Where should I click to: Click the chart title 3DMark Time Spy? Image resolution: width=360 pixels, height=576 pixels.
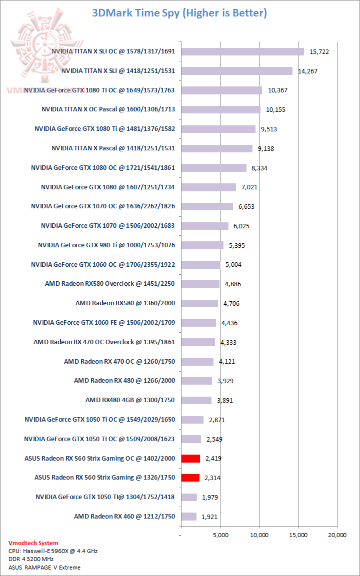tap(179, 13)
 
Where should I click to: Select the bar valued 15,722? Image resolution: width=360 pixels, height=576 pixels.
tap(242, 51)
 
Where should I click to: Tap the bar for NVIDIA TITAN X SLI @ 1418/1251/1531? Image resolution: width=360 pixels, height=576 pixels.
tap(236, 71)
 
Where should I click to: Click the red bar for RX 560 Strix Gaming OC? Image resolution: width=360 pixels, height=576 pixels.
tap(190, 458)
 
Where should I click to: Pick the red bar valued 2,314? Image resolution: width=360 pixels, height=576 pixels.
tap(190, 478)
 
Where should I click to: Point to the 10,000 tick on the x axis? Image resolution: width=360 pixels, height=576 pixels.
tap(259, 535)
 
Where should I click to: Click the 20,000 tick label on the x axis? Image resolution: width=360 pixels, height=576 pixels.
tap(337, 535)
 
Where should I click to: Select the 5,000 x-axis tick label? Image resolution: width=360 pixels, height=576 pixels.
tap(220, 535)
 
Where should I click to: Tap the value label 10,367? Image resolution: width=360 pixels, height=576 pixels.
tap(278, 90)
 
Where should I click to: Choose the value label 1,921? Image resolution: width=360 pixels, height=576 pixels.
tap(209, 517)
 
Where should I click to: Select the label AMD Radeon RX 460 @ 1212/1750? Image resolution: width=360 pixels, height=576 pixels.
tap(124, 516)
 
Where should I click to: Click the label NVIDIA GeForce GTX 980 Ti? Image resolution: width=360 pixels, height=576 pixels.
tap(106, 245)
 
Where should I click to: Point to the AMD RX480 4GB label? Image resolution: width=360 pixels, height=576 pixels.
tap(130, 400)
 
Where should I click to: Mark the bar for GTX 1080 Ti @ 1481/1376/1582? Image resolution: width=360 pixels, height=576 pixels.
tap(218, 129)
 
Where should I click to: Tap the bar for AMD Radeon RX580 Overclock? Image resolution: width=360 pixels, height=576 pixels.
tap(200, 284)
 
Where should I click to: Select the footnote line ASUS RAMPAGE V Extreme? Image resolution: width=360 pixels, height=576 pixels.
tap(44, 567)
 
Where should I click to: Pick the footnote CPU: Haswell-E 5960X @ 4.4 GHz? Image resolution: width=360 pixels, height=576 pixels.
tap(53, 551)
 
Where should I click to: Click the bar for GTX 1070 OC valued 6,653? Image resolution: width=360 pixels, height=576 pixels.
tap(207, 206)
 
